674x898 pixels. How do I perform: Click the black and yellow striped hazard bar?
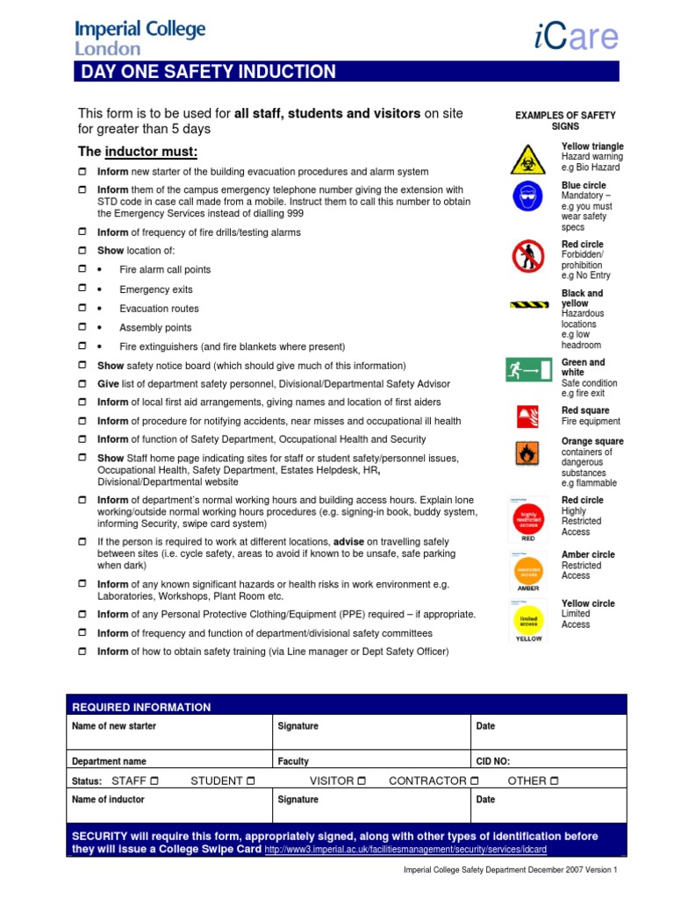point(529,305)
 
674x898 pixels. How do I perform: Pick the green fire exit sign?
point(528,371)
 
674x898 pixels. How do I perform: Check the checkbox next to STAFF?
point(154,780)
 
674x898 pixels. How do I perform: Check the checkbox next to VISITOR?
point(362,780)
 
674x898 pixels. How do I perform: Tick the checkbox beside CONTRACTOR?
point(475,780)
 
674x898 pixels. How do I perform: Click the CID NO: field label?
point(492,761)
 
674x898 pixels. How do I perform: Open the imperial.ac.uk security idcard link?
point(405,850)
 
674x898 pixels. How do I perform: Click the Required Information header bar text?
point(140,707)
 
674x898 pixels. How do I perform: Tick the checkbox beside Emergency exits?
point(82,289)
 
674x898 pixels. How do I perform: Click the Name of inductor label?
point(108,800)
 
